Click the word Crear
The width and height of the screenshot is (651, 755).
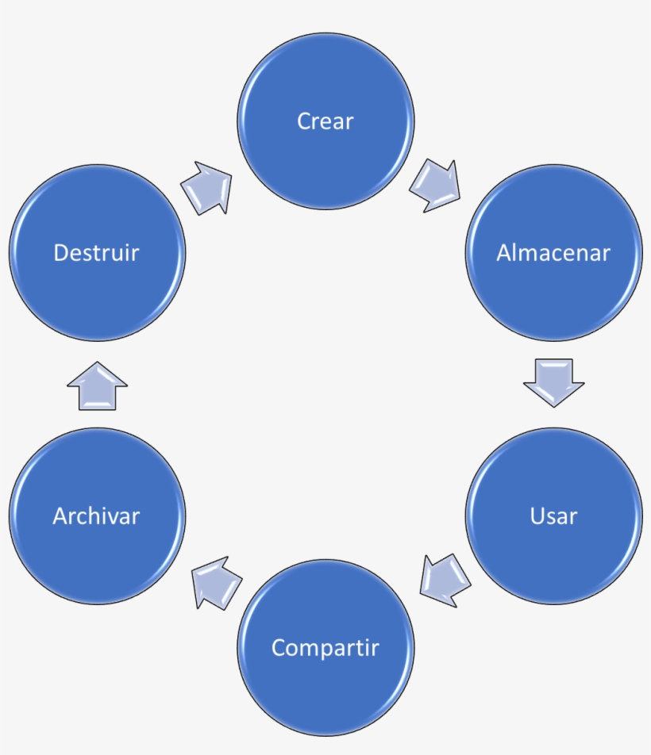pyautogui.click(x=325, y=121)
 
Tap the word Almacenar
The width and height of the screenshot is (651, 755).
pyautogui.click(x=553, y=253)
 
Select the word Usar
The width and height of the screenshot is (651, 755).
pyautogui.click(x=553, y=516)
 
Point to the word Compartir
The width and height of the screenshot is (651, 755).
pyautogui.click(x=325, y=648)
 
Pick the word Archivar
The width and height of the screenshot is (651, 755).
pyautogui.click(x=96, y=516)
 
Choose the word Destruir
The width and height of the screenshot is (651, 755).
pyautogui.click(x=96, y=253)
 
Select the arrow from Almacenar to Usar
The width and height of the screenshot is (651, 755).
pyautogui.click(x=553, y=382)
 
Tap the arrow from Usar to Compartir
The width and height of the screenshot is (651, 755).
pyautogui.click(x=444, y=579)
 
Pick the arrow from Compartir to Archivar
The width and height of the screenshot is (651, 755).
pyautogui.click(x=216, y=581)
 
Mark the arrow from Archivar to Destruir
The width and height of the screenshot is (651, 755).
pyautogui.click(x=97, y=386)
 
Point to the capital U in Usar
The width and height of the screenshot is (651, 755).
pyautogui.click(x=537, y=516)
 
